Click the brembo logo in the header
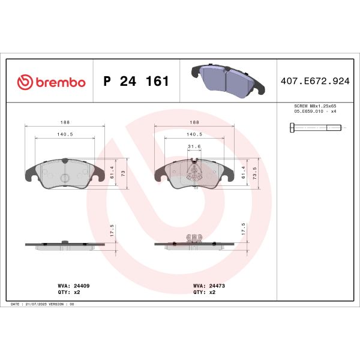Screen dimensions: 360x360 point(51,82)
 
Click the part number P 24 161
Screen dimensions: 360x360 point(136,82)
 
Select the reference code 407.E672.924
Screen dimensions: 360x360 point(314,82)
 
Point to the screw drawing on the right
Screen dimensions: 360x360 point(316,127)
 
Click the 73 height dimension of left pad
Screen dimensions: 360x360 point(124,173)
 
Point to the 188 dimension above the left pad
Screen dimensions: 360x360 point(64,120)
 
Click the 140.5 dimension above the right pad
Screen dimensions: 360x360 point(194,134)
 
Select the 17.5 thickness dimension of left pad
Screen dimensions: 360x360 point(112,230)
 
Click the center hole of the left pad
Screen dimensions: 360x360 point(64,178)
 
